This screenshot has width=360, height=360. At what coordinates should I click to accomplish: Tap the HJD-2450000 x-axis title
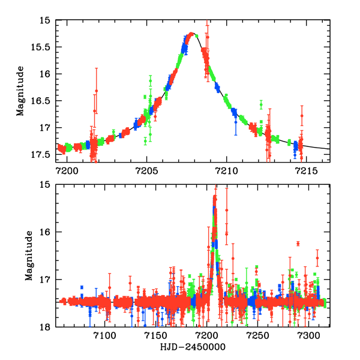(192, 347)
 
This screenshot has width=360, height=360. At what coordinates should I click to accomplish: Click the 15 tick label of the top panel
(46, 20)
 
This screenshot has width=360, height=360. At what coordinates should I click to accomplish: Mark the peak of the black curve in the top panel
(192, 34)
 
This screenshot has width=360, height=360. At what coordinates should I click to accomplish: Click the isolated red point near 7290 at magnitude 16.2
(298, 243)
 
